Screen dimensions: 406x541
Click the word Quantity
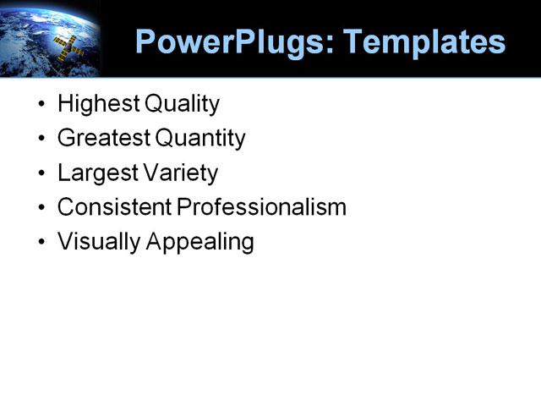pyautogui.click(x=206, y=138)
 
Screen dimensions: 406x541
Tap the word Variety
pyautogui.click(x=179, y=173)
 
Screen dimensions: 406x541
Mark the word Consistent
pyautogui.click(x=114, y=207)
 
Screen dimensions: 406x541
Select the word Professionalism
pyautogui.click(x=261, y=207)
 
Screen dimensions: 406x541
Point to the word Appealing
pyautogui.click(x=200, y=242)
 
